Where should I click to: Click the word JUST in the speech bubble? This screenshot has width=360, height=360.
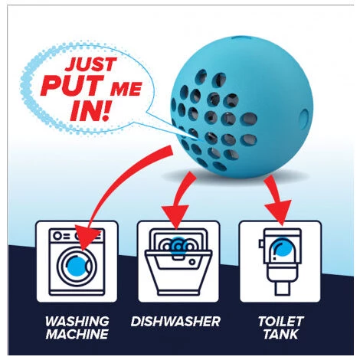[90, 64]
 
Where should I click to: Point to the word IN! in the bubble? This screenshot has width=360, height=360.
[90, 111]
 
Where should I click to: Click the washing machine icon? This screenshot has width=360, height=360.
[77, 261]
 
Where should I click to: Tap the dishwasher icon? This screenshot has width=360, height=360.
[178, 261]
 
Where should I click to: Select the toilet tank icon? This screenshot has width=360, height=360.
[281, 261]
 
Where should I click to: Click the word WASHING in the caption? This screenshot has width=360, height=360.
[77, 321]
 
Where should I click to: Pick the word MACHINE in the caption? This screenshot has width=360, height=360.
[77, 334]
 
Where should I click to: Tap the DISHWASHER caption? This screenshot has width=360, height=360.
[175, 321]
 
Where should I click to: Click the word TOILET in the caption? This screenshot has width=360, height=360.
[281, 321]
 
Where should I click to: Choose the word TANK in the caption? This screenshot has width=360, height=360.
[281, 334]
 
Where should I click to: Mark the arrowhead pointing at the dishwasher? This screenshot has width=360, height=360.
[176, 216]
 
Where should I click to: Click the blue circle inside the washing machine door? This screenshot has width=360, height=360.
[77, 266]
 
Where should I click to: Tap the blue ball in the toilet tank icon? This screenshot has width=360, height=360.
[282, 247]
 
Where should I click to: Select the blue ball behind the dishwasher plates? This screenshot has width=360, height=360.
[178, 244]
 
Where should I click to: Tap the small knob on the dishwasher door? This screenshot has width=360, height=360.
[192, 262]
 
